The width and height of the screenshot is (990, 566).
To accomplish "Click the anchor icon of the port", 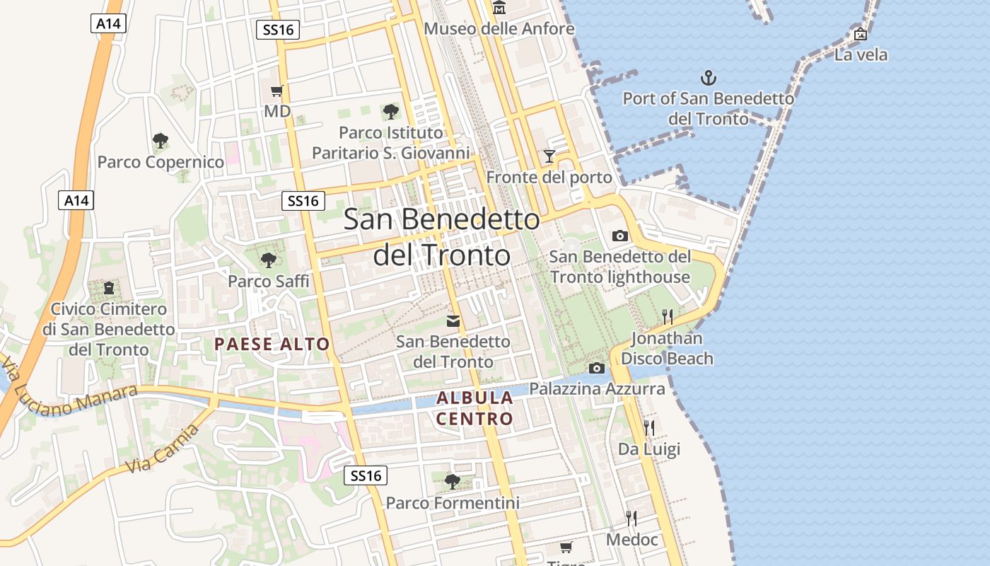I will pyautogui.click(x=708, y=78).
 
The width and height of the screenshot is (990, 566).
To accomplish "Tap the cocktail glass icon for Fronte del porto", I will pyautogui.click(x=549, y=156).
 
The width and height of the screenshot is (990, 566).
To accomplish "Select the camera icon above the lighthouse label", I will pyautogui.click(x=620, y=236).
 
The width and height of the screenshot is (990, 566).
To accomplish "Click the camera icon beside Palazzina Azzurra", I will pyautogui.click(x=597, y=368).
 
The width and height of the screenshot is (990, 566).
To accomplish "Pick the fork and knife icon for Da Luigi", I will pyautogui.click(x=648, y=427).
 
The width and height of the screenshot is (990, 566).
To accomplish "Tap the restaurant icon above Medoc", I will pyautogui.click(x=631, y=519).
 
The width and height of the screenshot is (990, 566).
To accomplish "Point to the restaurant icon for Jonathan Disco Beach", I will pyautogui.click(x=667, y=316).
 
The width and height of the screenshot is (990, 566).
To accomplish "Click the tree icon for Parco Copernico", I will pyautogui.click(x=161, y=141).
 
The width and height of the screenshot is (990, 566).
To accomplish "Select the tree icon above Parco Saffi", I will pyautogui.click(x=268, y=260).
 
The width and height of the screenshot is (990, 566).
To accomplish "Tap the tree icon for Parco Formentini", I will pyautogui.click(x=453, y=482).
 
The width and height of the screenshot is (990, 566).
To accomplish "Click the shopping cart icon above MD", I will pyautogui.click(x=277, y=91).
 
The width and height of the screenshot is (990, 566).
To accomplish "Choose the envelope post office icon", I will pyautogui.click(x=453, y=321).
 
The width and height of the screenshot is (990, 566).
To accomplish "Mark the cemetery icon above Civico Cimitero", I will pyautogui.click(x=109, y=288).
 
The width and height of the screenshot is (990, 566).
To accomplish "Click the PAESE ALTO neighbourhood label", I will pyautogui.click(x=272, y=345).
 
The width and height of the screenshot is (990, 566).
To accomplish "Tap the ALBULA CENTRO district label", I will pyautogui.click(x=474, y=408).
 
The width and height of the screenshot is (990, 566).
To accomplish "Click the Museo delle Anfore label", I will pyautogui.click(x=499, y=29).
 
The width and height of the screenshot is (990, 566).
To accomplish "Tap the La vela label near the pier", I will pyautogui.click(x=861, y=54).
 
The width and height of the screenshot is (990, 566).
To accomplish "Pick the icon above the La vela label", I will pyautogui.click(x=861, y=33).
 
